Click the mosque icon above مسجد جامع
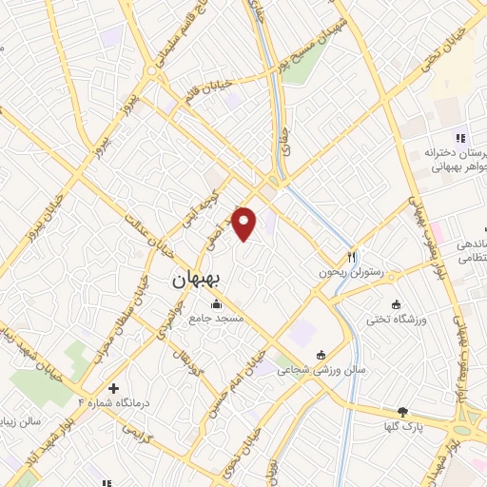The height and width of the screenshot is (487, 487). click(x=217, y=304)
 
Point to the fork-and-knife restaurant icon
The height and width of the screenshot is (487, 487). click(x=351, y=255)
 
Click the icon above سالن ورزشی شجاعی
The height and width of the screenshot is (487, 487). click(x=321, y=353)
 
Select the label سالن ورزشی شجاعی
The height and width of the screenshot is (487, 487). click(x=306, y=369)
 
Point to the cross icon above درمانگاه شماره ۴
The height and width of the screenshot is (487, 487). click(x=113, y=388)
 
